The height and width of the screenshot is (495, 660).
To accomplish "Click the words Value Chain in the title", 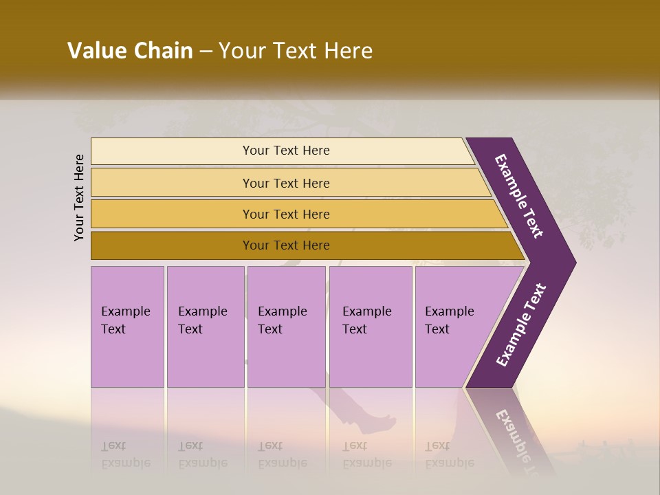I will (x=130, y=51).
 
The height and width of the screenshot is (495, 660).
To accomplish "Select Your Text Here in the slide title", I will (x=296, y=51).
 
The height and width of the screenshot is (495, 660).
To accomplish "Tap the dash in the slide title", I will (x=206, y=52).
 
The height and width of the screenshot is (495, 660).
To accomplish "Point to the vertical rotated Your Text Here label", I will (x=79, y=197).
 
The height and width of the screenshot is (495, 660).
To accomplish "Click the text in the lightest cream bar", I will (x=286, y=151).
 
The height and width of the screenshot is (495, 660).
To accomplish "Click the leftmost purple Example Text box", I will (x=127, y=326).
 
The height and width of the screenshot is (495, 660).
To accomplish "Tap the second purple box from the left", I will (x=205, y=326).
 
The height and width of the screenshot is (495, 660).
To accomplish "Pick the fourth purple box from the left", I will (x=370, y=326).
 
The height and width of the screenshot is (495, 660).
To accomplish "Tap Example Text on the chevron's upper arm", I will (x=519, y=196).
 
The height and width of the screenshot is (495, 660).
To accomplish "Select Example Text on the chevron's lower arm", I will (x=521, y=325).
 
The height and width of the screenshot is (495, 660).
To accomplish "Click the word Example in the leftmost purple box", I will (x=126, y=311).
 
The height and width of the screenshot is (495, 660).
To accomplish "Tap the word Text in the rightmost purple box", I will (x=437, y=329).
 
